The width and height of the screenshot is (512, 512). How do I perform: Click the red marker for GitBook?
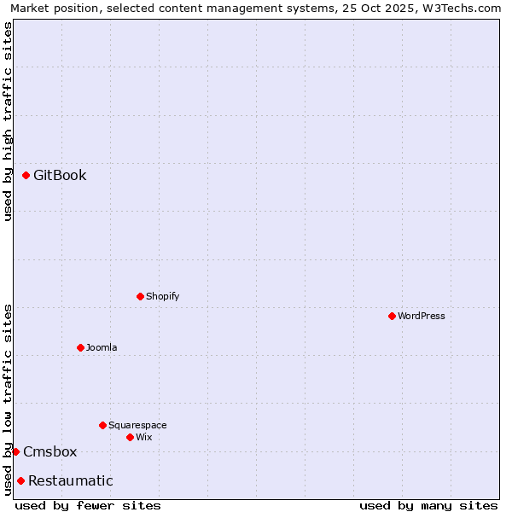pos(26,176)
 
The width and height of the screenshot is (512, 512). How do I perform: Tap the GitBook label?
pos(60,176)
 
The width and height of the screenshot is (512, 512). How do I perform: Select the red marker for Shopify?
pos(140,297)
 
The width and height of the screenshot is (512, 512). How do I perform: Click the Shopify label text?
pos(162,297)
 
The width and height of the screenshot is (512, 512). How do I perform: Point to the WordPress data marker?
pos(392,316)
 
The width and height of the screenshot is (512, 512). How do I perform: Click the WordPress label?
pos(422,317)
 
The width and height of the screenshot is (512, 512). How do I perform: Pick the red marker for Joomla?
pos(80,347)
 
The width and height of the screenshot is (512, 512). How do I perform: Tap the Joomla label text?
pos(102,348)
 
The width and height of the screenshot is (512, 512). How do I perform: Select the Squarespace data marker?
pos(102,425)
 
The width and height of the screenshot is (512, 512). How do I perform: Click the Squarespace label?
pos(137,426)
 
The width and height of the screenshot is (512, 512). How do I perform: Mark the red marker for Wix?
pos(130,437)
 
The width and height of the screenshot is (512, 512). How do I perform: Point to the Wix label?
pos(144,438)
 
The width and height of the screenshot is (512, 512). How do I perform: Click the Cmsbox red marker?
pos(15,451)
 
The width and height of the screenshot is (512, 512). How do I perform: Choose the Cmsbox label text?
pos(49,452)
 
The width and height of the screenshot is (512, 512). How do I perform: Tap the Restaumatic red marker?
pos(20,480)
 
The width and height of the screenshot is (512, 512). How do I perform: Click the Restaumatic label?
pos(70,481)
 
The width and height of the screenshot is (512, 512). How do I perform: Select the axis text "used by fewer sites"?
pos(88,505)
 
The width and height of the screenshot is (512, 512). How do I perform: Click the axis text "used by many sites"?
pos(428,505)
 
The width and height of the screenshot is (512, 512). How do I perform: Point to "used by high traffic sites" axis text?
pos(9,121)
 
